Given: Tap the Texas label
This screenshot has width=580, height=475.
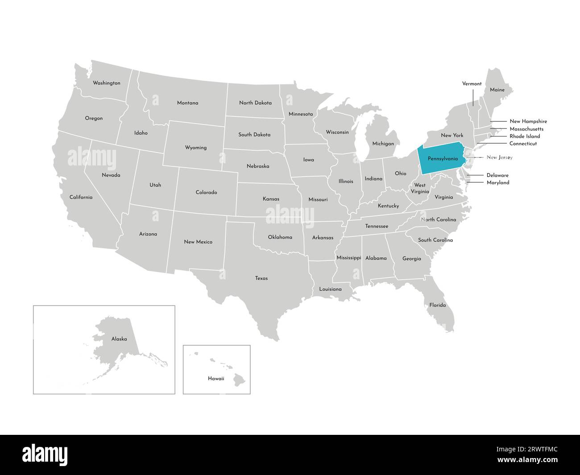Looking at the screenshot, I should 261,278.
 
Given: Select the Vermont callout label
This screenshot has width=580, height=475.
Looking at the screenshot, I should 472,84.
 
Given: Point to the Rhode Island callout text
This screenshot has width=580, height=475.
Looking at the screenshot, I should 525,136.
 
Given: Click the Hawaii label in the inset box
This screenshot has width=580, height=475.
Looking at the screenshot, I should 216,378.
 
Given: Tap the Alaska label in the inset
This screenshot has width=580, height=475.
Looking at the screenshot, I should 119,339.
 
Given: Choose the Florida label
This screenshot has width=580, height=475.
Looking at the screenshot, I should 437,305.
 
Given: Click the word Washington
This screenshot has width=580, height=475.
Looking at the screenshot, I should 106,83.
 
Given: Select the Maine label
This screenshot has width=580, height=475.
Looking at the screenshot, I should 497,90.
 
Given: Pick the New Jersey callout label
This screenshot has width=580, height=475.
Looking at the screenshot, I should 500,157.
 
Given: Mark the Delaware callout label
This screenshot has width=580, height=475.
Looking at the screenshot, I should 497,175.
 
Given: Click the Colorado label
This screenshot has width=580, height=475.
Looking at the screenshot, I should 206,193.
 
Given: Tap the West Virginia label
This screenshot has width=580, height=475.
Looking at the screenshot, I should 419,188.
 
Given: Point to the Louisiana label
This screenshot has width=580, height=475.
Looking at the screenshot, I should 330,289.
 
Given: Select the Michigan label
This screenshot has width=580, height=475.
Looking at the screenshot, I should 383,144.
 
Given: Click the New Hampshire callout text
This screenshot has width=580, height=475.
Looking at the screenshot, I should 528,121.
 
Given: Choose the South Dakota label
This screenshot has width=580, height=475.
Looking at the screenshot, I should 254,134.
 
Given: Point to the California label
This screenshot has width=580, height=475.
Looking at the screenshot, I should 81,197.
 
